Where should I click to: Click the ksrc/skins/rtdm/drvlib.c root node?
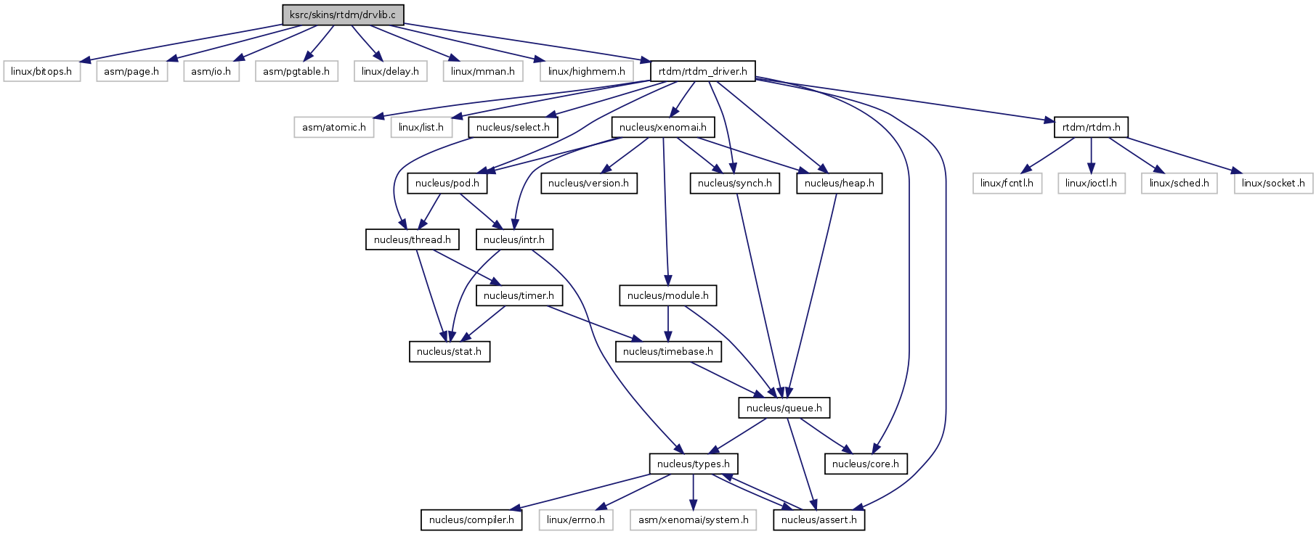(343, 15)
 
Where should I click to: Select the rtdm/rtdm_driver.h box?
(702, 71)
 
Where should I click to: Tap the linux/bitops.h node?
(41, 71)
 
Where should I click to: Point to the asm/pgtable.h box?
(296, 71)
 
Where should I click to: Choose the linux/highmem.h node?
(586, 71)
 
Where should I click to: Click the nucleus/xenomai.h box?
(662, 127)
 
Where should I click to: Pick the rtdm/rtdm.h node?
(1091, 127)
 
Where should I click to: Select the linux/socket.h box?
(1273, 183)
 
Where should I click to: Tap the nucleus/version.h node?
(588, 183)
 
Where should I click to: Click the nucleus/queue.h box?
(784, 408)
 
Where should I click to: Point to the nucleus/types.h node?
(693, 464)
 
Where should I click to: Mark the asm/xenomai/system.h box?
(693, 519)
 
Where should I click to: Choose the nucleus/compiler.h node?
(471, 519)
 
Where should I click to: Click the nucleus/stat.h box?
(449, 351)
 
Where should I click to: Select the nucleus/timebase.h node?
(667, 351)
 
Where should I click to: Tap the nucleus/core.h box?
(865, 464)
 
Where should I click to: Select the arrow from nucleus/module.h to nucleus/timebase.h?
(668, 323)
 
